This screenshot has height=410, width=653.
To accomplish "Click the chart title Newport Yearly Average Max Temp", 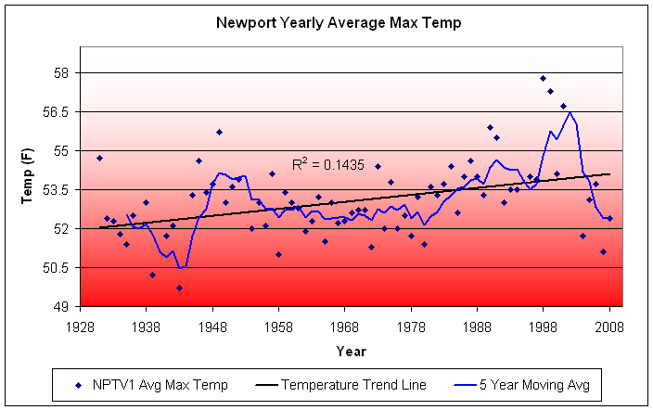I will coord(338,21).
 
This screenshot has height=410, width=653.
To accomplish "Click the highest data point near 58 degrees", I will coord(544,78).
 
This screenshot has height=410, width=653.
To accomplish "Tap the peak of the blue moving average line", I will coord(570,112).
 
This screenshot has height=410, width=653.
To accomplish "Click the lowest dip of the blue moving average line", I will coord(182,267).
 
